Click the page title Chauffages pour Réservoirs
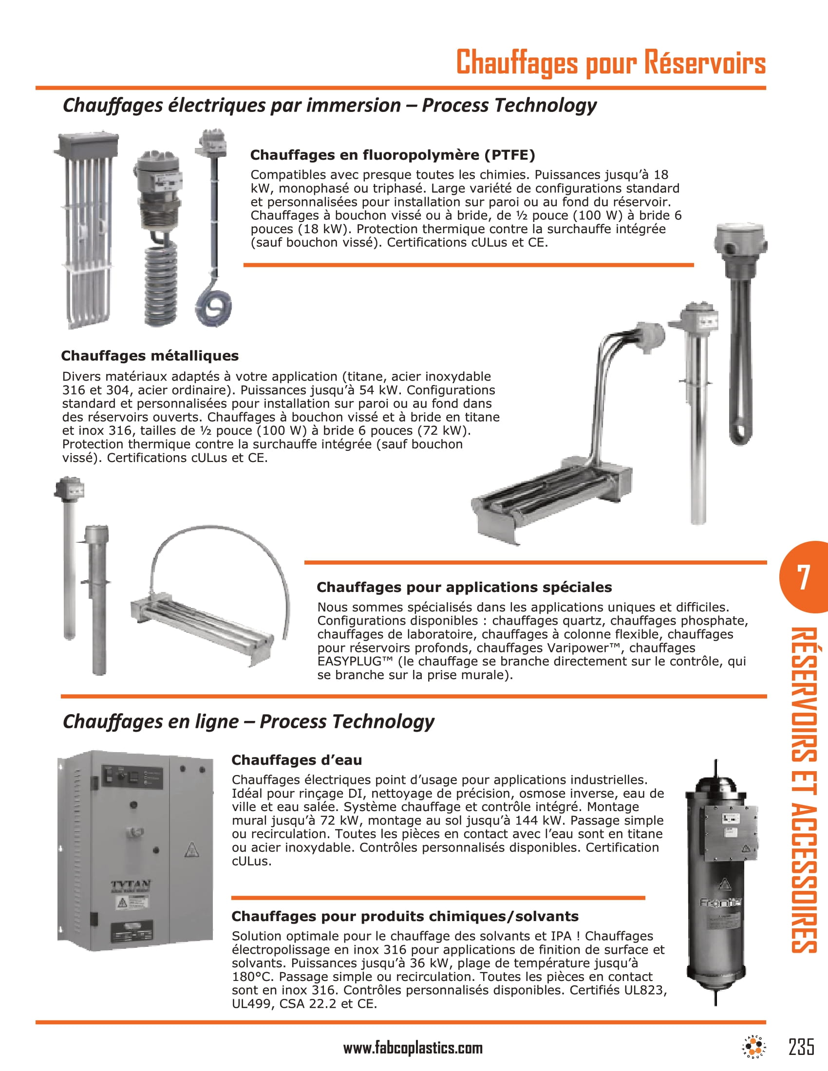coord(610,63)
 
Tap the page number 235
coord(802,1047)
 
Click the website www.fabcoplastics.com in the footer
coord(413,1049)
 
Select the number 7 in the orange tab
coord(803,578)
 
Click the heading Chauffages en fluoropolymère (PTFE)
coord(393,155)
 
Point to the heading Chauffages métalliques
coord(150,355)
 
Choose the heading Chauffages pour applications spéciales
coord(464,587)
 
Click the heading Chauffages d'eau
coord(296,760)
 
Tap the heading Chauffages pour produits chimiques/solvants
coord(405,916)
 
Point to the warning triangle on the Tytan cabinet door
coord(192,849)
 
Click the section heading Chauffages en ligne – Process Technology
coord(248,721)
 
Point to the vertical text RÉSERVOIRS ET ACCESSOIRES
coord(804,790)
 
